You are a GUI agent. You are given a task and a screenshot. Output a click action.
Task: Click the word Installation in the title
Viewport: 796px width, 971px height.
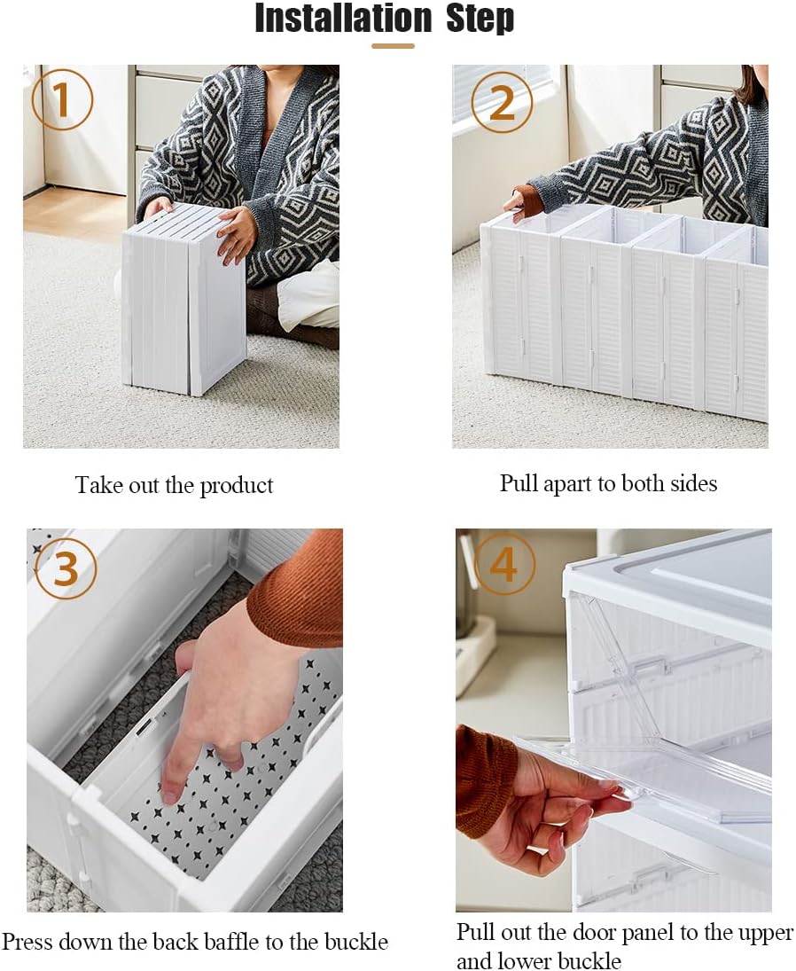click(343, 18)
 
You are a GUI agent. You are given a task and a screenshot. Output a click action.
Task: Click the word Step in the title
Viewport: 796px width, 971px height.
click(480, 18)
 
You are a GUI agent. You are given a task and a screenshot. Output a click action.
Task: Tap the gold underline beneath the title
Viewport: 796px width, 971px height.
click(392, 45)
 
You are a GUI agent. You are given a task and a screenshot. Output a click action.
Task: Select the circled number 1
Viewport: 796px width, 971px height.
click(62, 101)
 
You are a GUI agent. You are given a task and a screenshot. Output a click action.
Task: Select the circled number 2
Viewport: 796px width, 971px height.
click(502, 103)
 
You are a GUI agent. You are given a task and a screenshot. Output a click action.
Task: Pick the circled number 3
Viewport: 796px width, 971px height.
click(66, 569)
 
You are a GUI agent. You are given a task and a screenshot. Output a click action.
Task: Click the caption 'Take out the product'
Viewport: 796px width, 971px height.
click(174, 485)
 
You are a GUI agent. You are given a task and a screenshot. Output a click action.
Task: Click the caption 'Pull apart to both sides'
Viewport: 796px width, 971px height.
click(608, 482)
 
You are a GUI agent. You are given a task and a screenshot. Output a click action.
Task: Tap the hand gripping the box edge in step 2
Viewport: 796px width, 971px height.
click(526, 202)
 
